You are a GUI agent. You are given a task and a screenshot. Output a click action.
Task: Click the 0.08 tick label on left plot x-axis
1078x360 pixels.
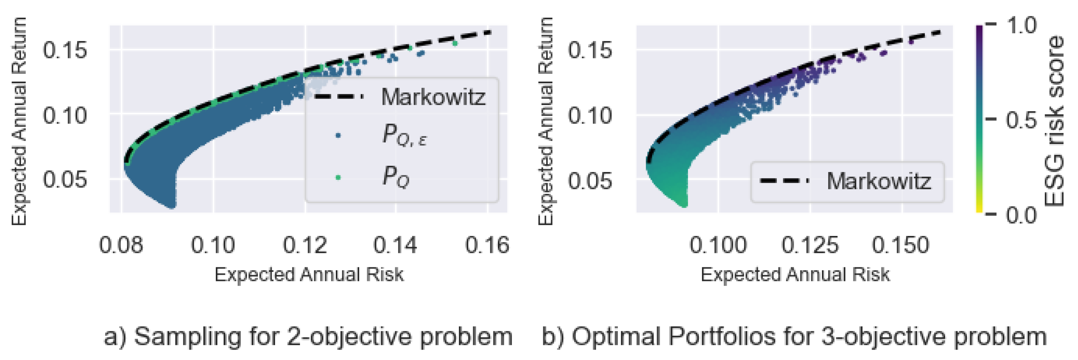coord(121,245)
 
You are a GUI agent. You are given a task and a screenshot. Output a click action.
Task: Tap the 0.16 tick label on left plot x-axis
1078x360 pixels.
coord(487,245)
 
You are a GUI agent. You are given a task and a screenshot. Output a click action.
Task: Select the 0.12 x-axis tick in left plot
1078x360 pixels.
coord(305,245)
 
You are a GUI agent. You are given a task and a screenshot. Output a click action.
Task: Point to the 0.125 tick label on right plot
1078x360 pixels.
coord(810,245)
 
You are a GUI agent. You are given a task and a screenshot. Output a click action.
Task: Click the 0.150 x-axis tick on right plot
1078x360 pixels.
coord(900,245)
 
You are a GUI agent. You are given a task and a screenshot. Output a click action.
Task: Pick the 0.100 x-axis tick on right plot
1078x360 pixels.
coord(718,245)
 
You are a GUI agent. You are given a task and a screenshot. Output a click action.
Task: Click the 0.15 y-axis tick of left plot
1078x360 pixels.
coord(65,50)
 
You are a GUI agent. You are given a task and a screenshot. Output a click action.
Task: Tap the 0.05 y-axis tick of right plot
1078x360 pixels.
coord(590,181)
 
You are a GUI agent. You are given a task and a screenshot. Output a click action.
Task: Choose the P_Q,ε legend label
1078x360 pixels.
coord(404,135)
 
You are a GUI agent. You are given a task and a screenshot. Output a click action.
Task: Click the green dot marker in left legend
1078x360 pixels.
coord(338,178)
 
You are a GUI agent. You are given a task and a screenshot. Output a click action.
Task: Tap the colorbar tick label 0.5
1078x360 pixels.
coord(1021,120)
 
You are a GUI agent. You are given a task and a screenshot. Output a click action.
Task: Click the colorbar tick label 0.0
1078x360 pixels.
coord(1021,215)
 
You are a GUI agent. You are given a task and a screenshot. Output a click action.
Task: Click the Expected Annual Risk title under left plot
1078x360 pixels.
coord(309,275)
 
